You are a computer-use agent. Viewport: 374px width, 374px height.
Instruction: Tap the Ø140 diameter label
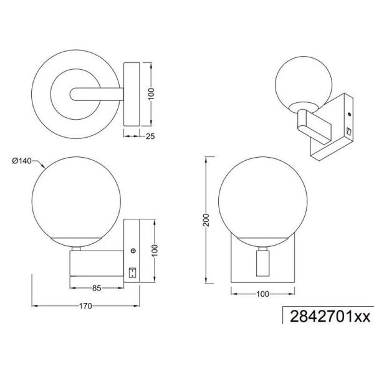(22, 161)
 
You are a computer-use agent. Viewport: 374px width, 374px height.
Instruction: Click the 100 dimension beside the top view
(151, 93)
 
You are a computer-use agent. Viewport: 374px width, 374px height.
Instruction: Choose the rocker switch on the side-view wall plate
(132, 272)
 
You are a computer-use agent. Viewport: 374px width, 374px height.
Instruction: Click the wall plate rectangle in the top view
(132, 93)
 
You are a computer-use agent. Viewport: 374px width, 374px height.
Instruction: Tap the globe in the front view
(262, 199)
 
